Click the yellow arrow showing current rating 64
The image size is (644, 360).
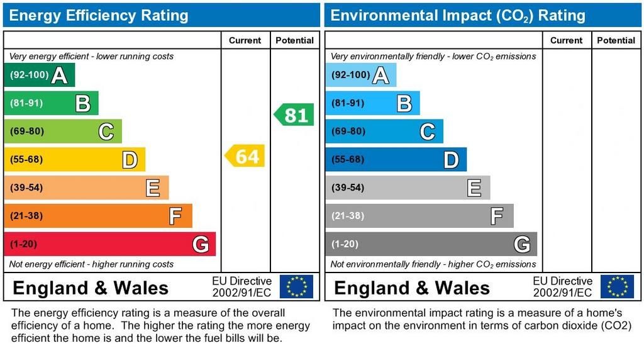(245, 156)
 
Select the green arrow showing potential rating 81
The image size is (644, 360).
(294, 115)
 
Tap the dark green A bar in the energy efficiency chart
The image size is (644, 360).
(39, 76)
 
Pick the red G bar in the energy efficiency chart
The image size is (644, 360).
(109, 244)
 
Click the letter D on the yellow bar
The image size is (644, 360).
(130, 160)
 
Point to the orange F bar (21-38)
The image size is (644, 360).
(97, 216)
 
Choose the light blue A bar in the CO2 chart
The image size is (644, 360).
(360, 76)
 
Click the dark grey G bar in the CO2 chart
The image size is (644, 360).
(431, 244)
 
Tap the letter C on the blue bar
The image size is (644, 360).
(427, 132)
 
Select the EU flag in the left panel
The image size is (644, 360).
(296, 286)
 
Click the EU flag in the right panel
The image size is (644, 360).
(617, 286)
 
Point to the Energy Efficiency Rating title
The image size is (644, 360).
(99, 15)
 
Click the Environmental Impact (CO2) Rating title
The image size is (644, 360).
(458, 15)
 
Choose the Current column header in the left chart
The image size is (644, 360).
(245, 40)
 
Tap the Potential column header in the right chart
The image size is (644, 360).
(616, 40)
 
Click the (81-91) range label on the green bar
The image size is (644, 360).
(26, 103)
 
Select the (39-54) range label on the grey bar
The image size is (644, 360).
(348, 188)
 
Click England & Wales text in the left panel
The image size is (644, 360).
(91, 288)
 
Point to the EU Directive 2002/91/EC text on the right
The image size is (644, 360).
(562, 286)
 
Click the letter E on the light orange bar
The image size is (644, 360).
(153, 188)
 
